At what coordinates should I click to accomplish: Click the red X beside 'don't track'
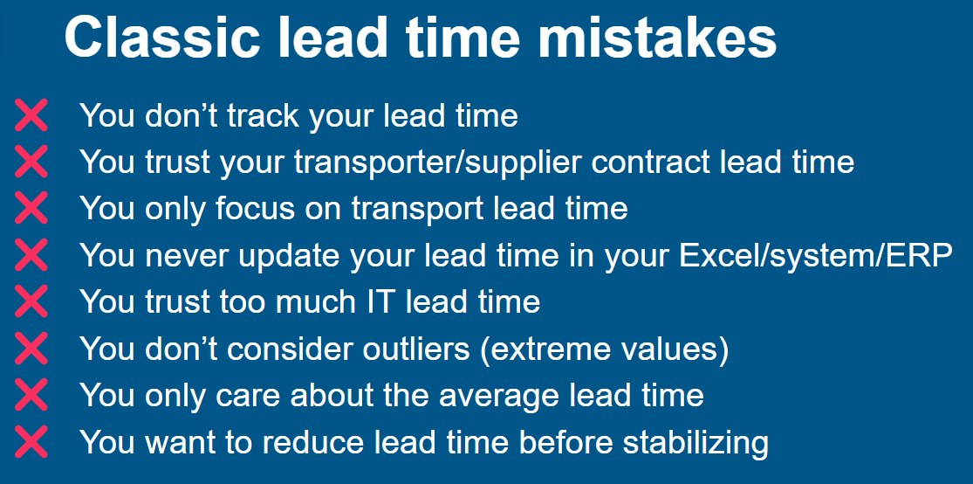coord(31,115)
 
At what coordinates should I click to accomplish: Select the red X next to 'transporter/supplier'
coord(31,162)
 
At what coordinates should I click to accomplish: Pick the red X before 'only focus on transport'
coord(31,208)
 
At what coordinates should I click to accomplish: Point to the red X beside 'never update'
coord(31,254)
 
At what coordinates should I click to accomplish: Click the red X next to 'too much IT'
coord(31,301)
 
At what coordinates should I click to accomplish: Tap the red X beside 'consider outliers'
coord(31,348)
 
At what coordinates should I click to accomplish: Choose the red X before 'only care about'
coord(31,395)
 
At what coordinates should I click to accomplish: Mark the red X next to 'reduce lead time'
coord(31,441)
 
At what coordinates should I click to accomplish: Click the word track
coord(265,115)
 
